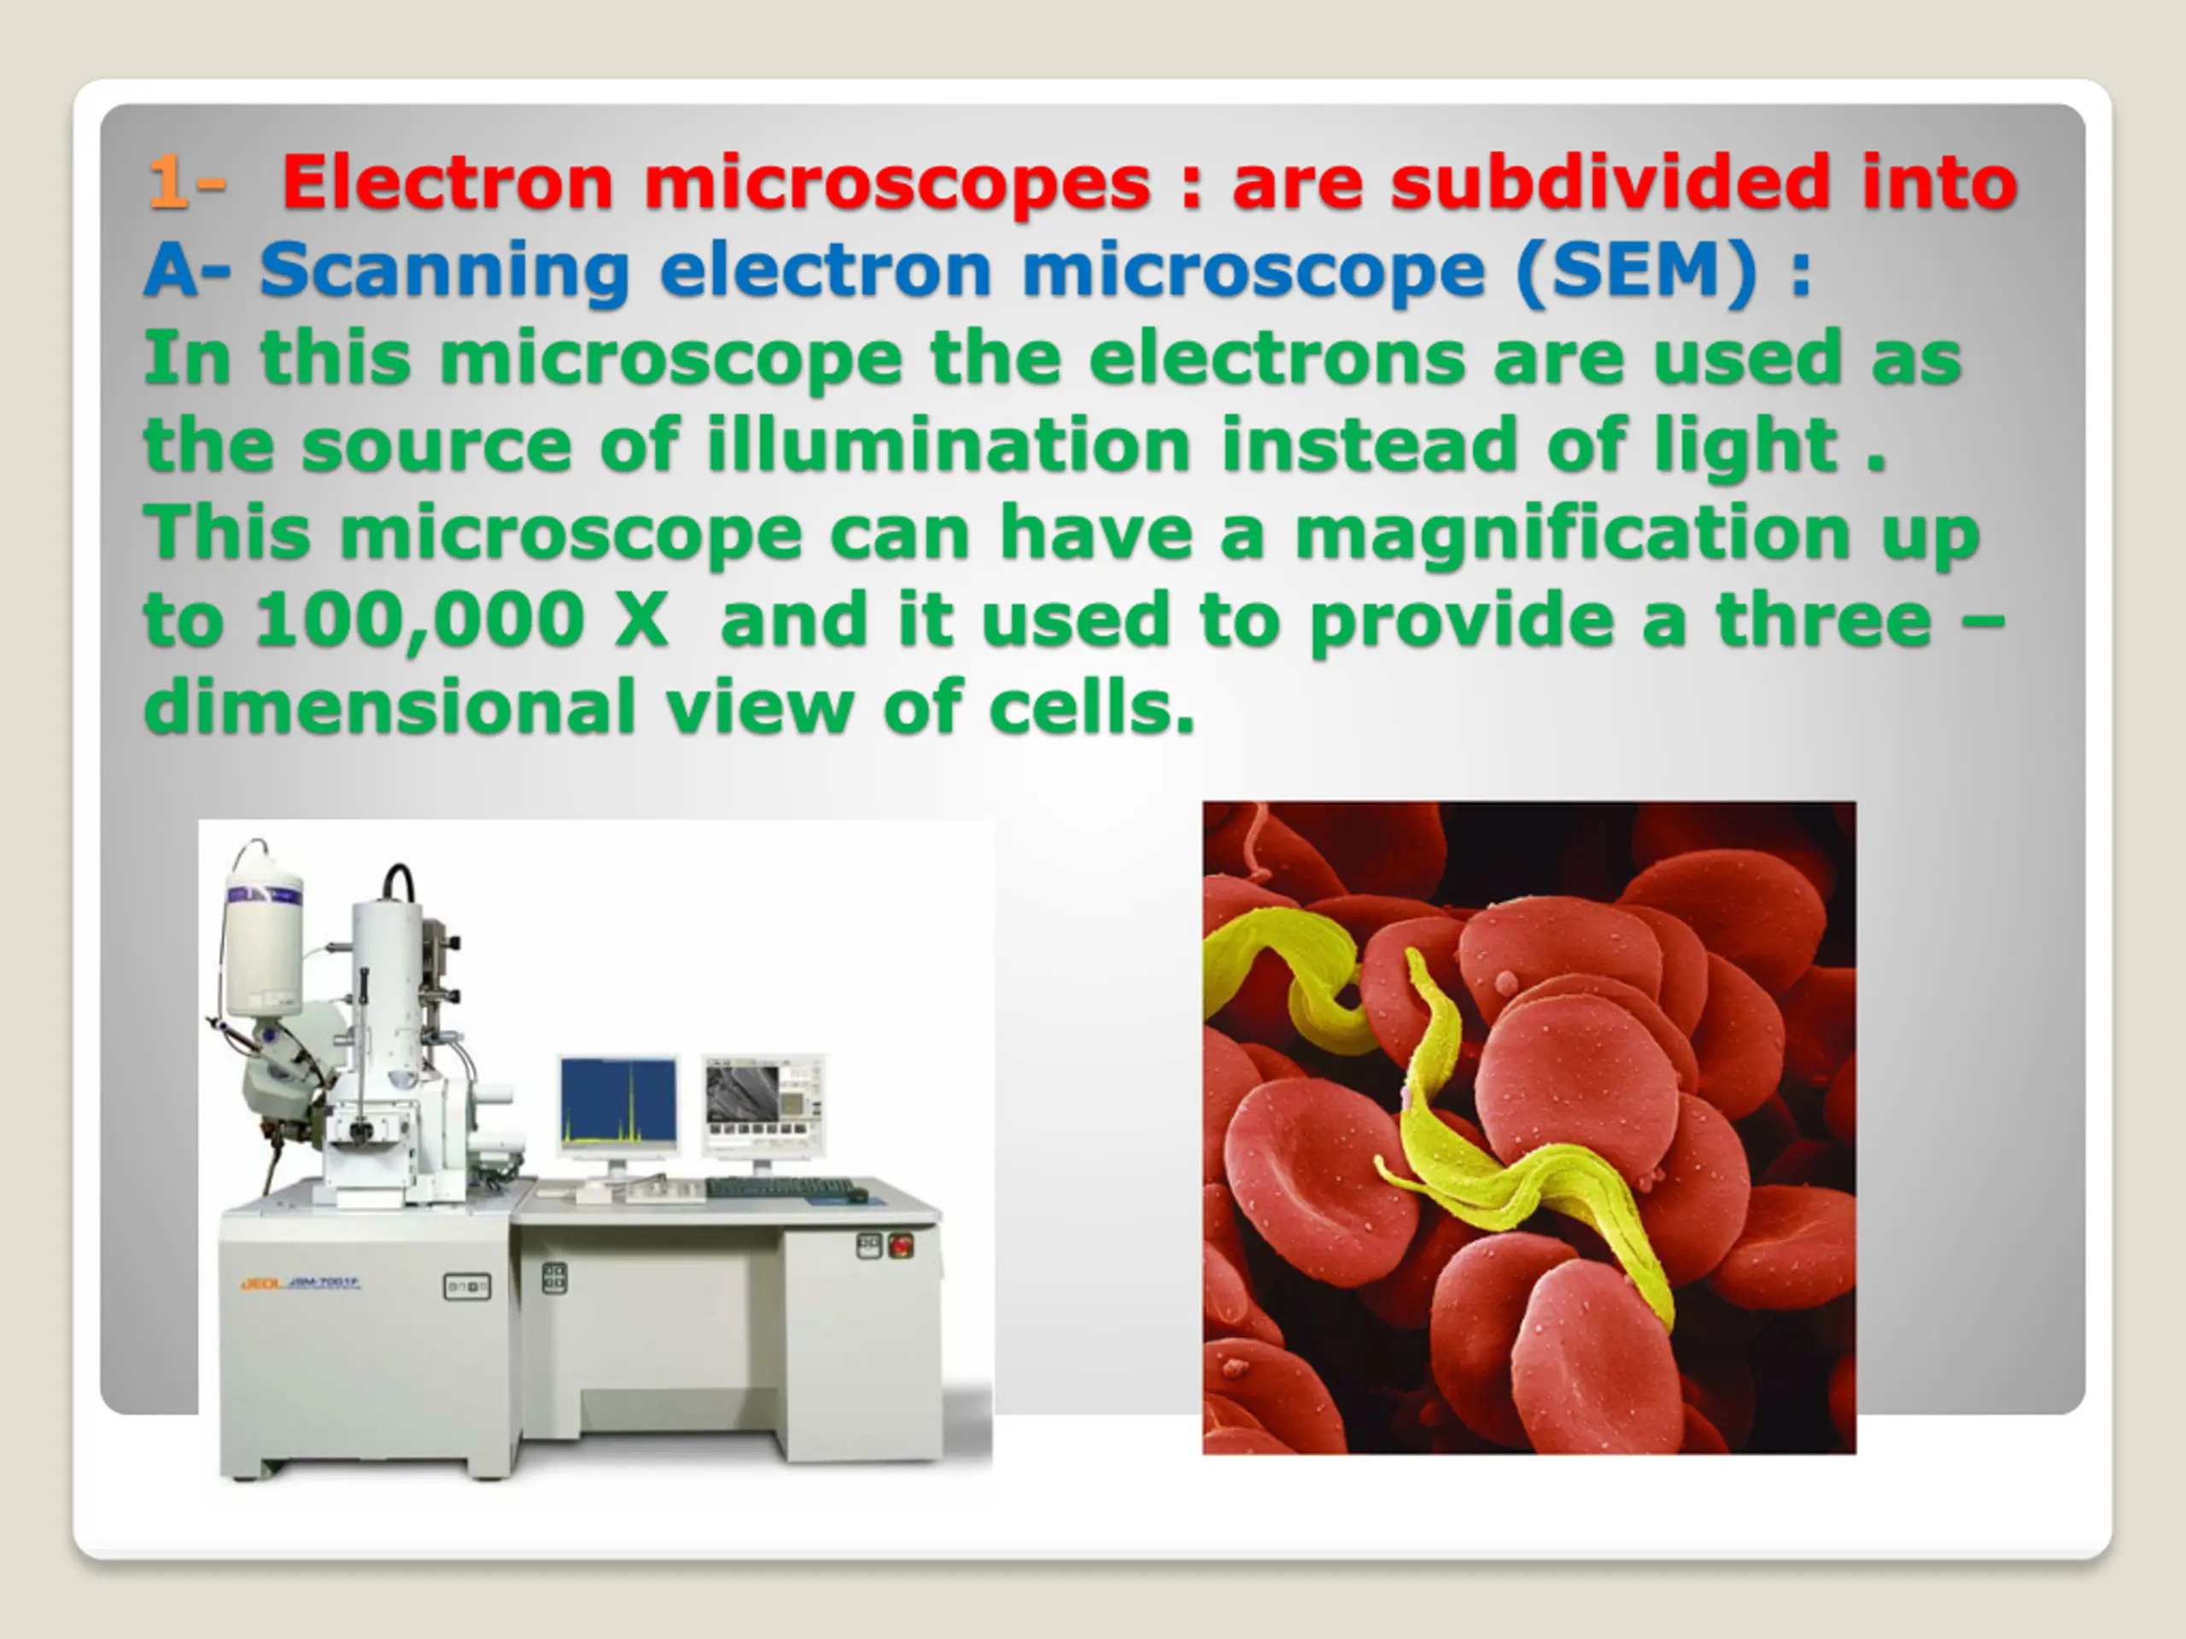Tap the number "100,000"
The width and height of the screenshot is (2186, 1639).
419,621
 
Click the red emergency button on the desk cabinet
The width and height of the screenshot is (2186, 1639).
900,1245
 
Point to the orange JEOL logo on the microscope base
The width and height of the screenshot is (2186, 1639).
262,1285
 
